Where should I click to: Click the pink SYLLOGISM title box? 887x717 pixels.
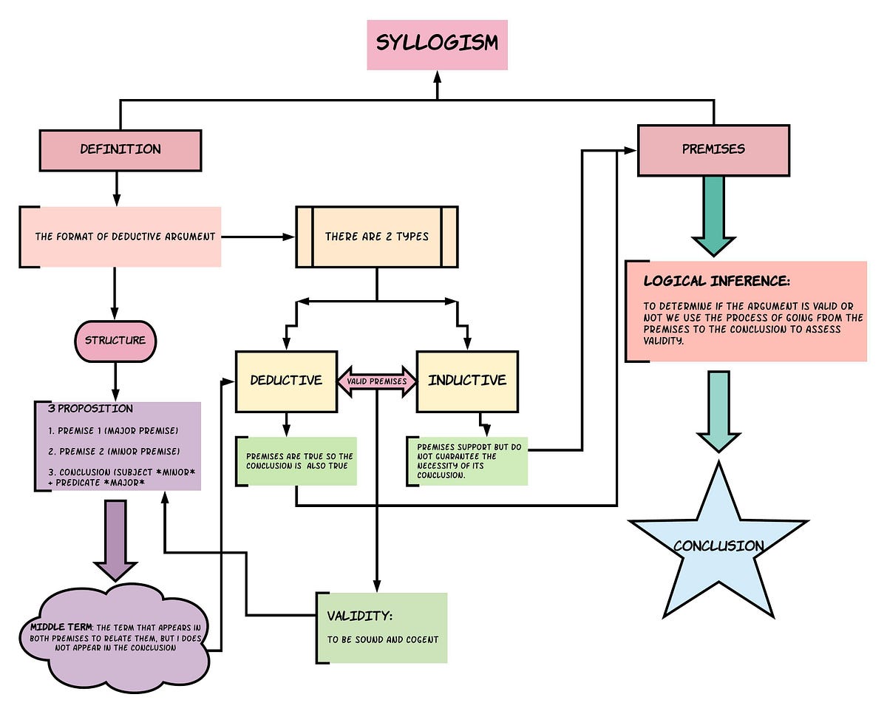(437, 44)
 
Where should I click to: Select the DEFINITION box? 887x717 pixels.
(120, 150)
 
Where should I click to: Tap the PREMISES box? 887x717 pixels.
(713, 150)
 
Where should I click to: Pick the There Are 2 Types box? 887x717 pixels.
(376, 237)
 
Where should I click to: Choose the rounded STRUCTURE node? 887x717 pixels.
(115, 341)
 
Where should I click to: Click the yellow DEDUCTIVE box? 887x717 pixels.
(286, 381)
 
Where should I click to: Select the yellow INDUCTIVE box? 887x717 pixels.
(467, 381)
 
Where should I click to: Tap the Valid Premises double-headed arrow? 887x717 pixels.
(377, 381)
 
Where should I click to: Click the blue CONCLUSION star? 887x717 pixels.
(718, 546)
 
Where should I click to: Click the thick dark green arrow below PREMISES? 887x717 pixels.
(713, 214)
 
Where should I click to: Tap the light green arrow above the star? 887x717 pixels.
(718, 410)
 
